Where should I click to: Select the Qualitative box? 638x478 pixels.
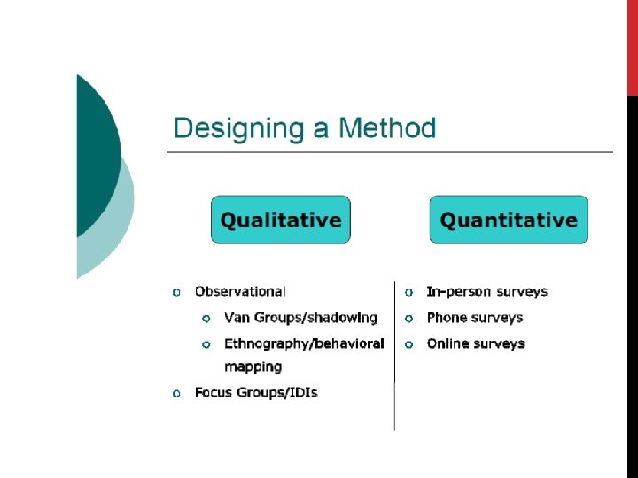(281, 220)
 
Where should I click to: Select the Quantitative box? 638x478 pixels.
(509, 220)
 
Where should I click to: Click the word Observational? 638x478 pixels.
(240, 291)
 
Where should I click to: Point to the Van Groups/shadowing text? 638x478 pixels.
(301, 318)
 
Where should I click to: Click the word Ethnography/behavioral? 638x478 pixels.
(304, 343)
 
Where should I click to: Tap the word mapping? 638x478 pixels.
(253, 366)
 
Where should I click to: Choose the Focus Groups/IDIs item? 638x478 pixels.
(256, 392)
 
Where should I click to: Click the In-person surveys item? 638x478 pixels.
(487, 291)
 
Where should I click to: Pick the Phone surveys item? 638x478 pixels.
(475, 318)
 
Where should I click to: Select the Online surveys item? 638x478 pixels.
(476, 343)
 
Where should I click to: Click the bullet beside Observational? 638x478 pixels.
(177, 292)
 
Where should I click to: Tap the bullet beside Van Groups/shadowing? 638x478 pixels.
(206, 319)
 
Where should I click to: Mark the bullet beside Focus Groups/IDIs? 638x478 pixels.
(177, 393)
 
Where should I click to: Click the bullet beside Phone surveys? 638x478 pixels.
(409, 319)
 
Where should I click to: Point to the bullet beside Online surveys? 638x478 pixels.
(409, 344)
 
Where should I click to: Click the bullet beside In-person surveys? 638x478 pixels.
(409, 292)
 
